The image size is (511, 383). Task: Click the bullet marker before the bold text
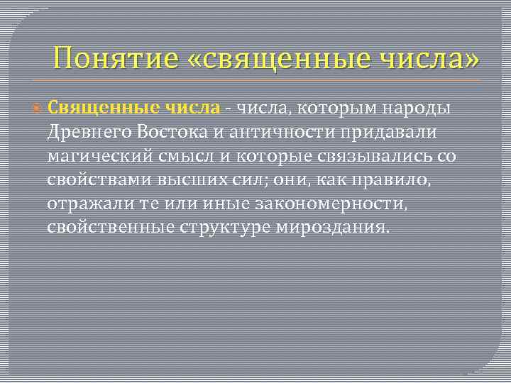click(x=38, y=109)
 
